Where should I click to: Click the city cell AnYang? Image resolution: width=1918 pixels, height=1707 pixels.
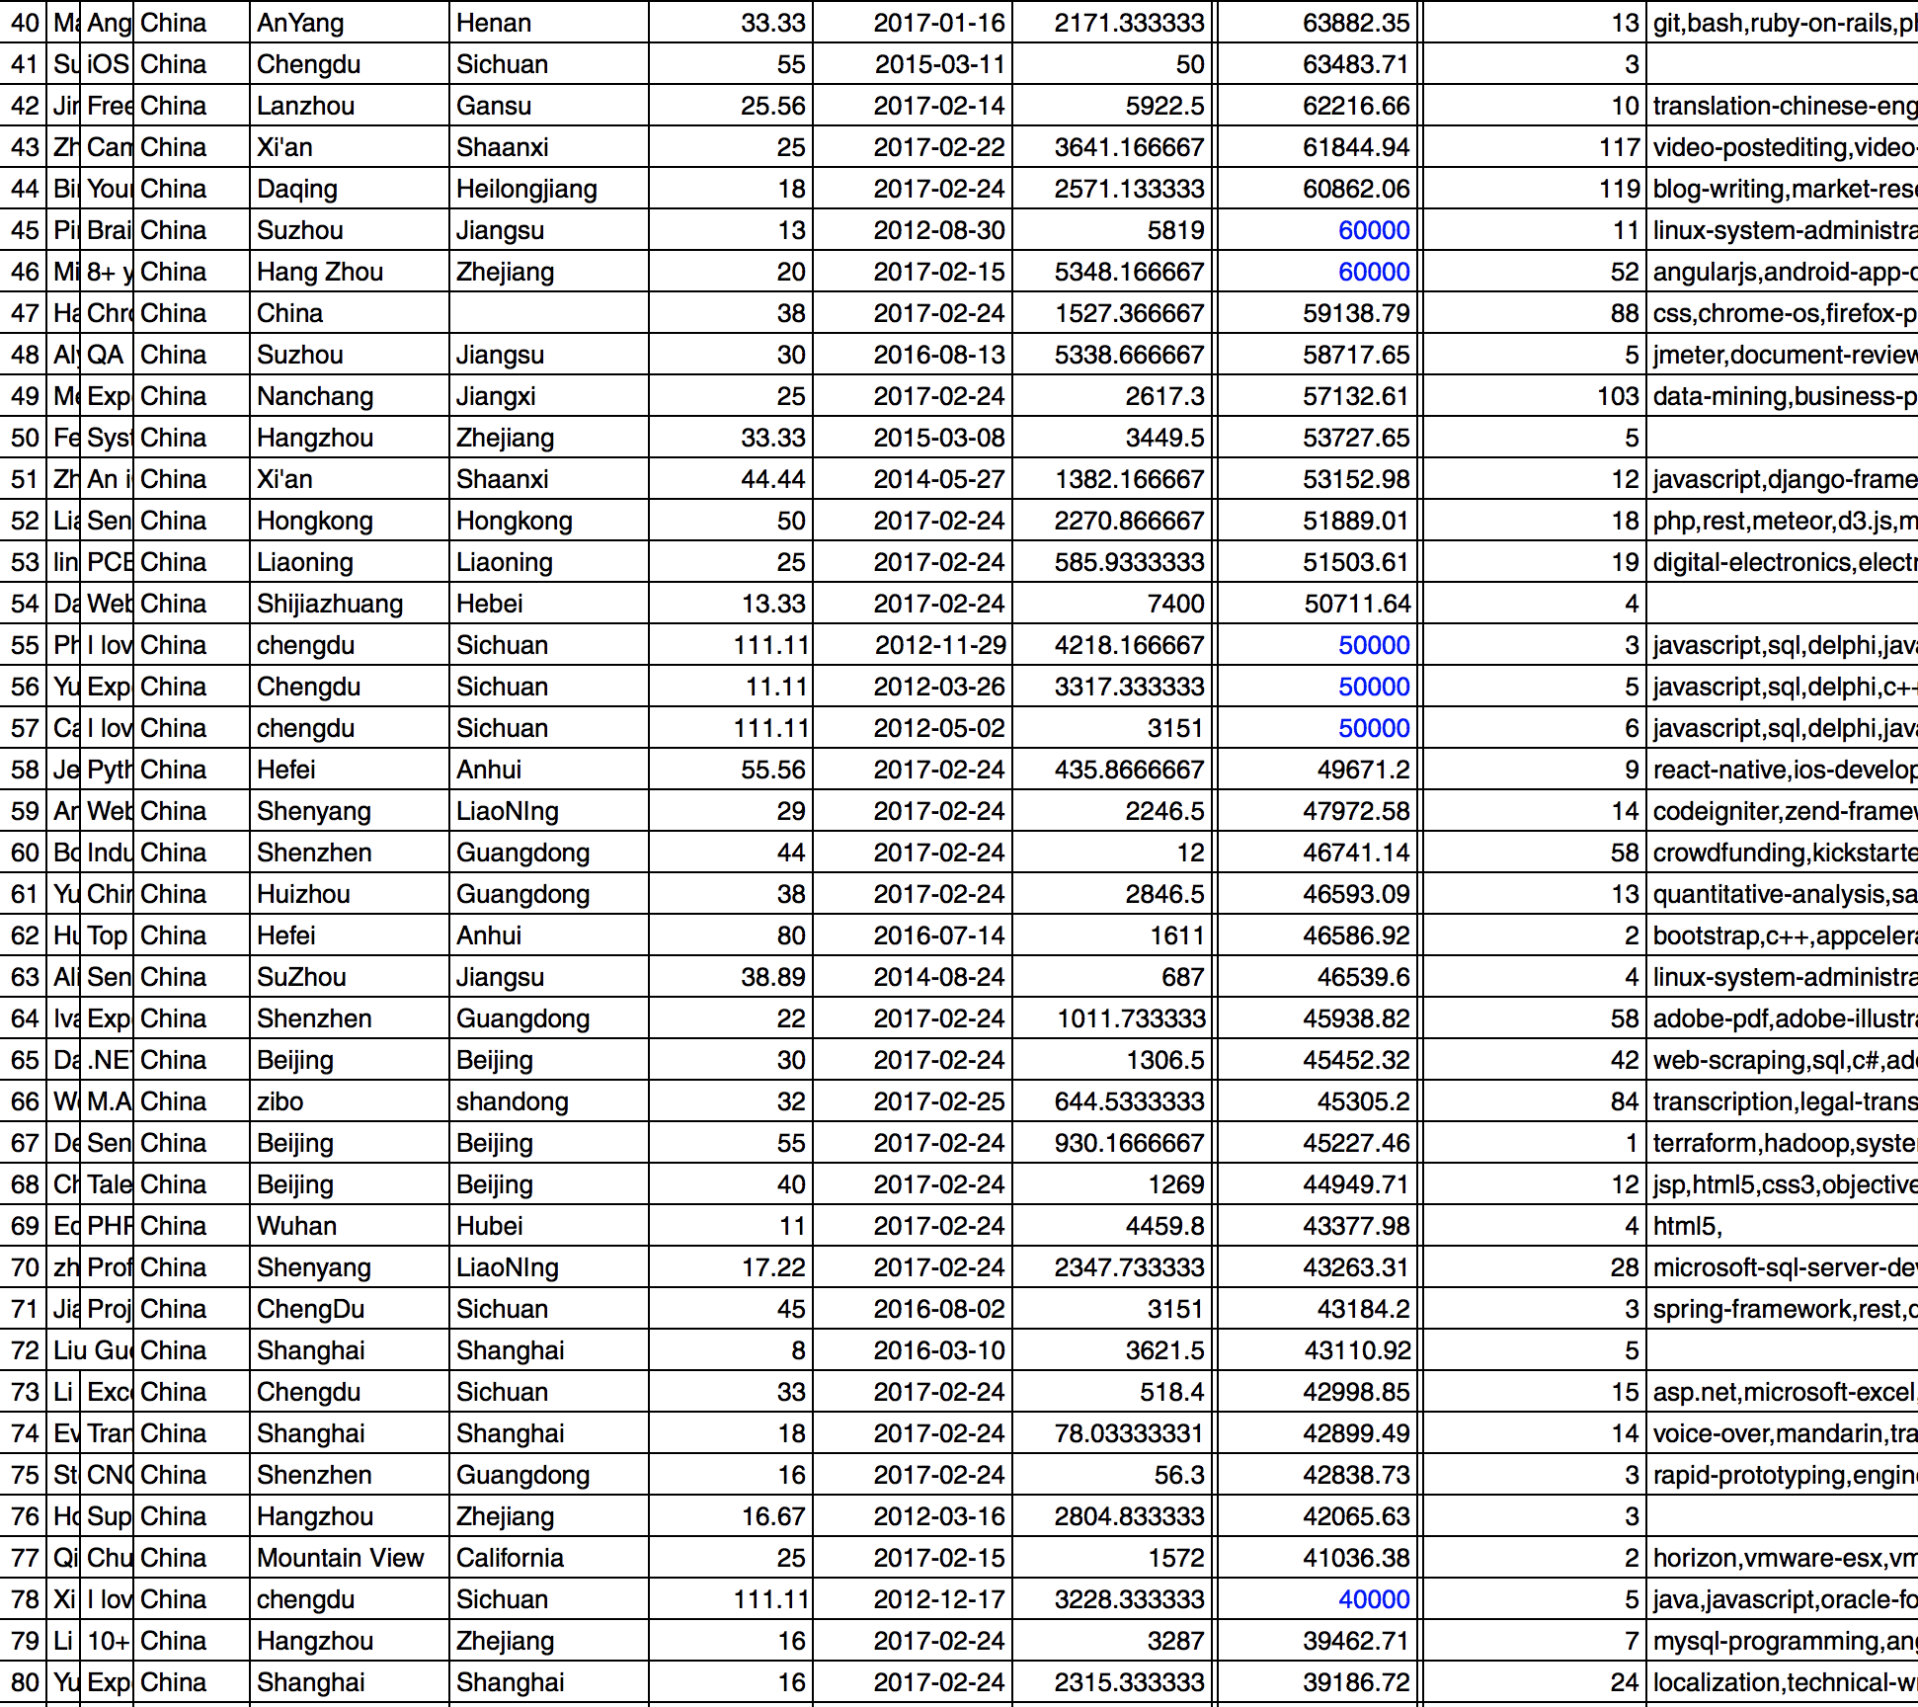[x=300, y=23]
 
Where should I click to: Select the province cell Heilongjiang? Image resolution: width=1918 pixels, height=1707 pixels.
[x=526, y=189]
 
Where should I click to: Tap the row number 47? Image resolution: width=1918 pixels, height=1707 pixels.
[x=25, y=313]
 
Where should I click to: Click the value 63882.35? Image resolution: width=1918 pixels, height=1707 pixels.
[x=1355, y=23]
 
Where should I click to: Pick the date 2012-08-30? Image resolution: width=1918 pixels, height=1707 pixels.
[x=938, y=230]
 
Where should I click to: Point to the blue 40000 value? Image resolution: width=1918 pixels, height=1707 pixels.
[x=1373, y=1599]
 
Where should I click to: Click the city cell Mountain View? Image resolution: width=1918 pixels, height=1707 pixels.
[x=340, y=1558]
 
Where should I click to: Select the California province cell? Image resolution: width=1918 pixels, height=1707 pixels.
[x=510, y=1558]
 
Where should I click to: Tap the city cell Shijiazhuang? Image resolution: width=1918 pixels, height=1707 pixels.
[x=330, y=604]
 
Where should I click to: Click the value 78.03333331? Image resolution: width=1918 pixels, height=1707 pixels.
[x=1129, y=1433]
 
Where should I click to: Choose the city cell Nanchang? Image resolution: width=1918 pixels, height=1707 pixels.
[x=315, y=396]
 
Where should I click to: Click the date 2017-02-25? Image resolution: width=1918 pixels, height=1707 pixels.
[x=938, y=1101]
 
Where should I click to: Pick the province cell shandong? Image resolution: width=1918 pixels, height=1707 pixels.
[x=512, y=1101]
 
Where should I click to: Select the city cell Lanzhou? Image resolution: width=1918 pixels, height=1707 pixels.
[x=305, y=106]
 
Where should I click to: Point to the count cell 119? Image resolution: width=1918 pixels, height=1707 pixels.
[x=1619, y=189]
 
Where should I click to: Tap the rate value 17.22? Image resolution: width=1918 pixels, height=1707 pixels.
[x=773, y=1267]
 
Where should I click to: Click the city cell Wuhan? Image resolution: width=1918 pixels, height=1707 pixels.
[x=296, y=1226]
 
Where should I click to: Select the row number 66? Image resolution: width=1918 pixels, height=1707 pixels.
[x=25, y=1101]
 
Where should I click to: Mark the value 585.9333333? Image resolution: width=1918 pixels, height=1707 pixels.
[x=1129, y=562]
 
